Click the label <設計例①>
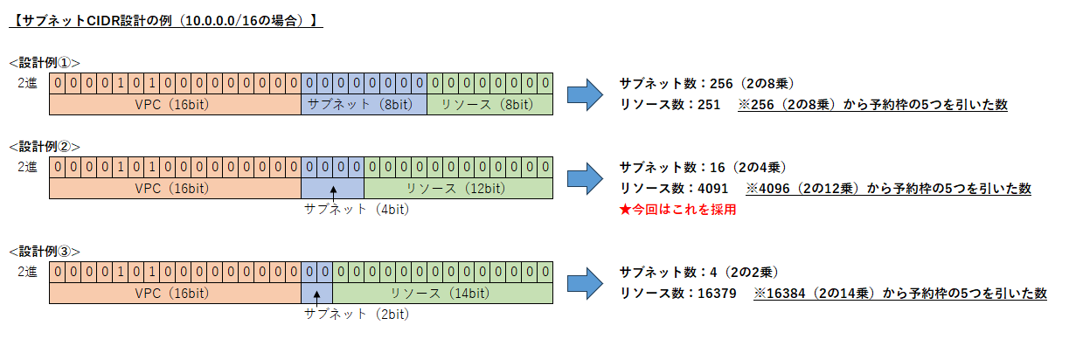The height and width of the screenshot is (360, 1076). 45,63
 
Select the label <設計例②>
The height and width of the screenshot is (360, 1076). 45,145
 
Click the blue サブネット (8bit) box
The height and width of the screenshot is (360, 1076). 364,105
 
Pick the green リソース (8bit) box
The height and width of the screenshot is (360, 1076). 489,105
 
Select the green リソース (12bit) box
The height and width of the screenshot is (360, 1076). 457,188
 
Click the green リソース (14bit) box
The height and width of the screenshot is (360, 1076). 442,293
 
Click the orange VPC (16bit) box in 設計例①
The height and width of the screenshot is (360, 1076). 175,105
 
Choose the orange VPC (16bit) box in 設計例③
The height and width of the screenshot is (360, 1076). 175,293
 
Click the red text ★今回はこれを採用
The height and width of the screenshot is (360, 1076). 677,211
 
